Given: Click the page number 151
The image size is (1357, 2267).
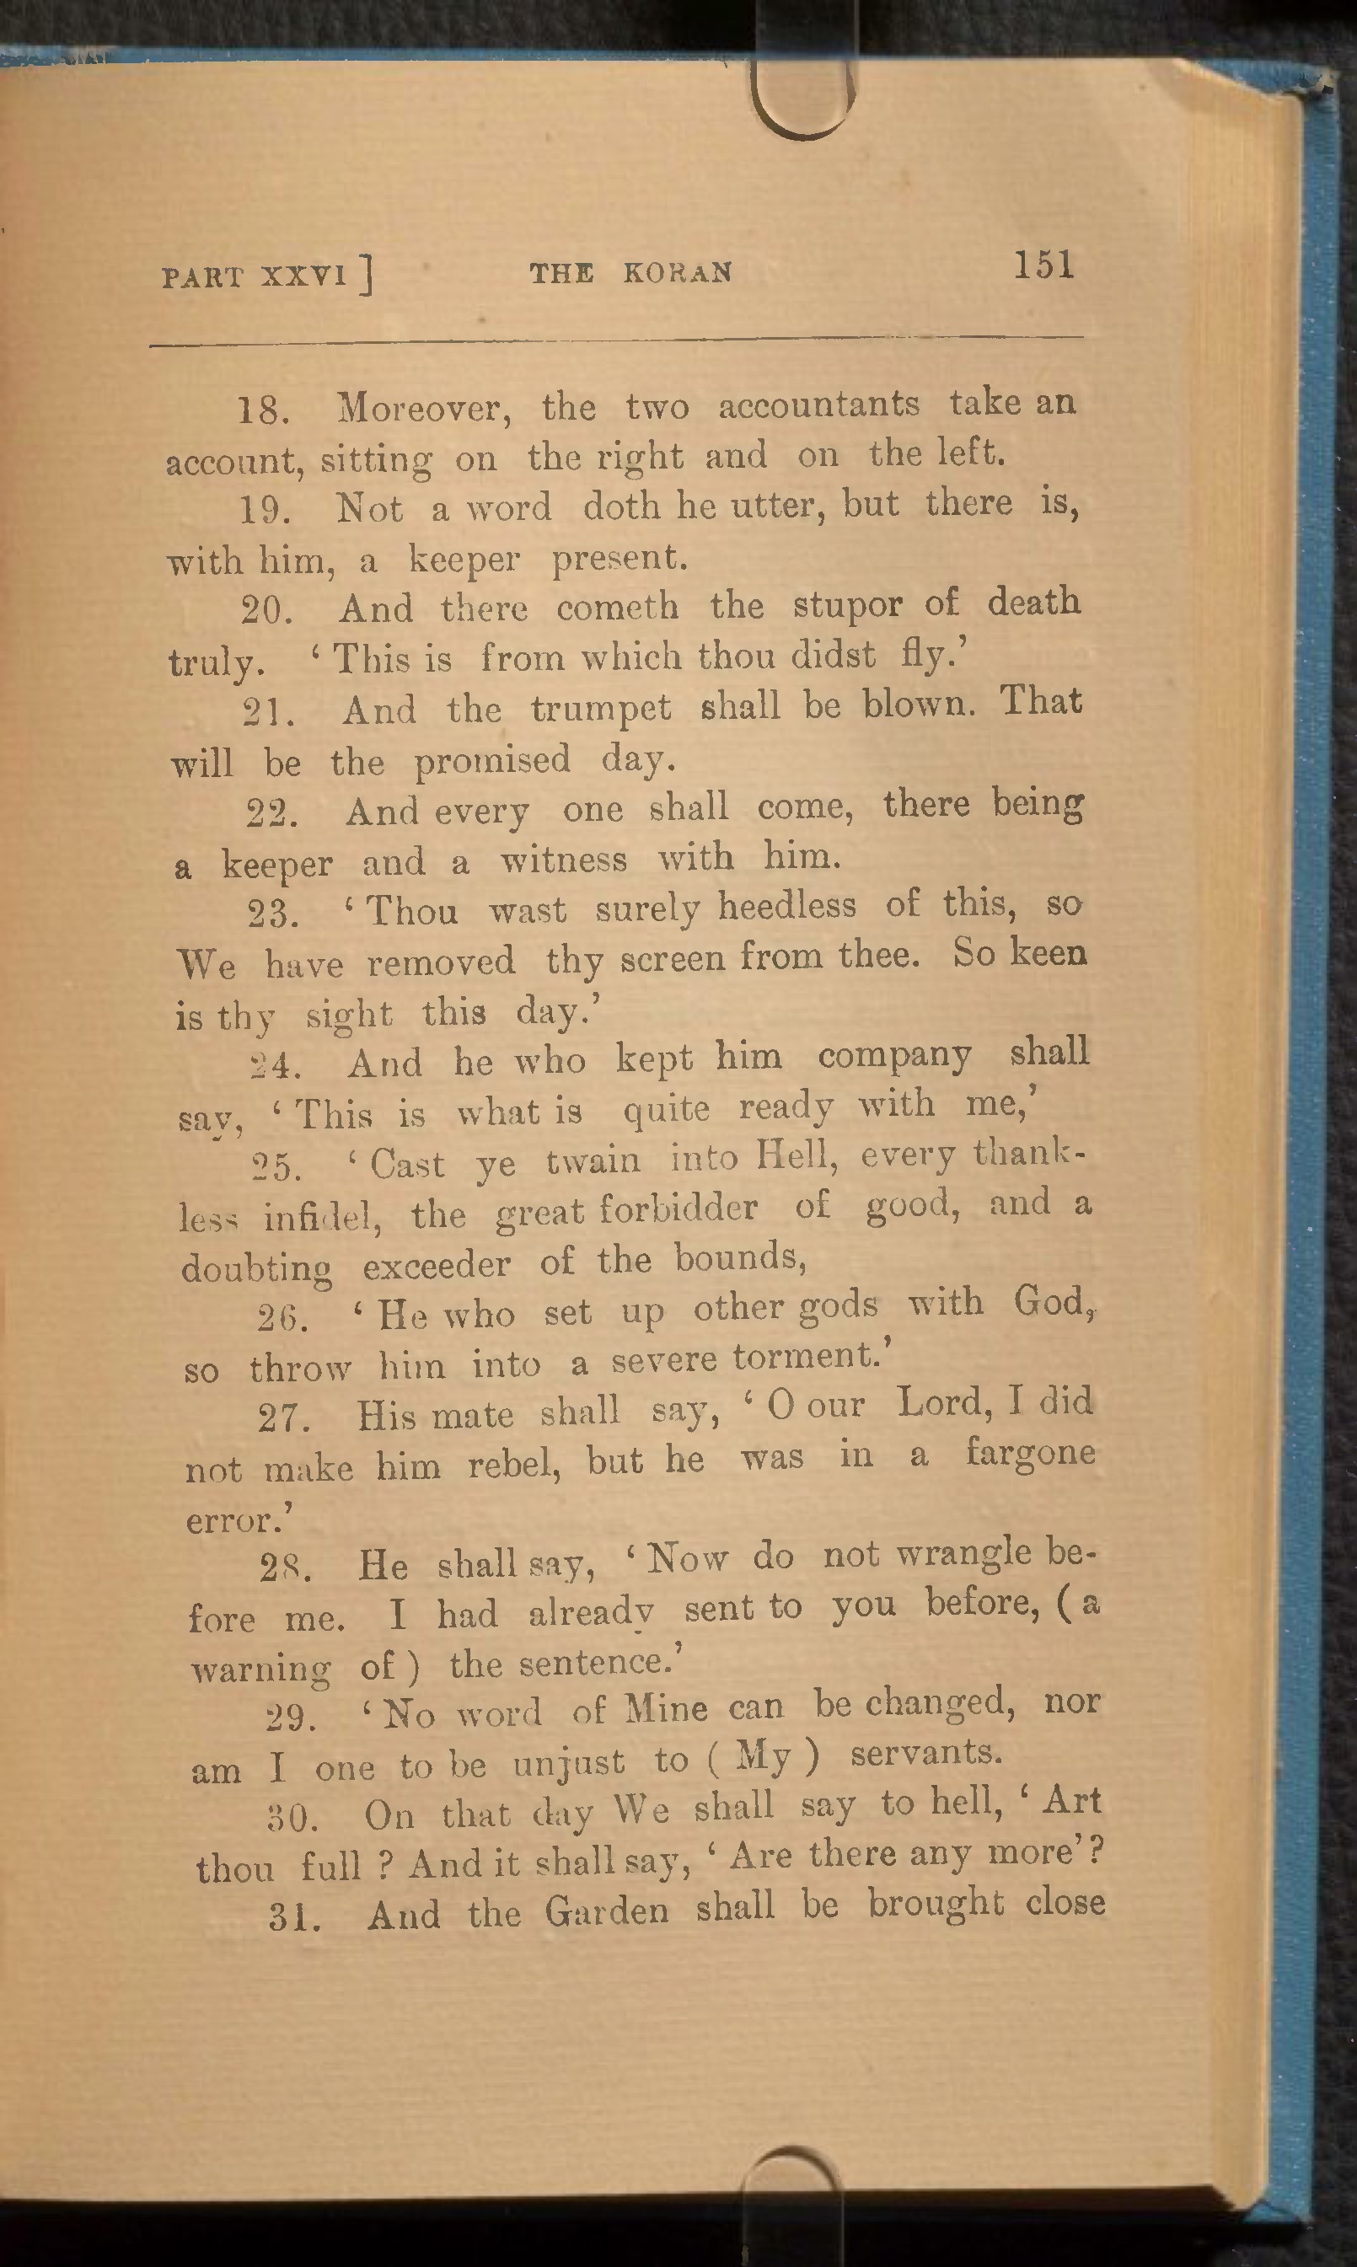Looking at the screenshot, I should tap(1043, 266).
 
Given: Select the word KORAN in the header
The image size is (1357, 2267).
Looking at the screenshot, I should tap(677, 273).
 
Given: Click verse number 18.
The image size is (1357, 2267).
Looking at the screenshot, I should tap(263, 410).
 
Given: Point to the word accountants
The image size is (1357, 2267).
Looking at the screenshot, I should tap(818, 404).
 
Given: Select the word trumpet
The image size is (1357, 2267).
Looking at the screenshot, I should tap(601, 710).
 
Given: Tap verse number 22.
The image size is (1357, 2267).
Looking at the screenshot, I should tap(271, 812).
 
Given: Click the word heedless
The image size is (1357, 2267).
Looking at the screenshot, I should tap(786, 905).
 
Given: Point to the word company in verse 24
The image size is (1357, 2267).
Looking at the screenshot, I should tap(893, 1056).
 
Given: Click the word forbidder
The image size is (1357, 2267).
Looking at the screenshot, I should tap(678, 1209).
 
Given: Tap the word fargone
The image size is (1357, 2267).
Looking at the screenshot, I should tap(1030, 1453).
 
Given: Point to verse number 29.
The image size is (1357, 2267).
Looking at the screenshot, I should tap(291, 1717).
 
